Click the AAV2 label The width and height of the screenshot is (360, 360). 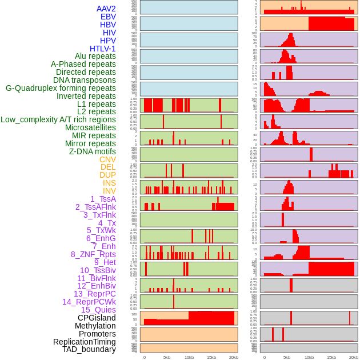(106, 9)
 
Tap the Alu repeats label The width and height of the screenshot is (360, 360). (95, 57)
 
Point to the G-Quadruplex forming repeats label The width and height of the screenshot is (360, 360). (61, 88)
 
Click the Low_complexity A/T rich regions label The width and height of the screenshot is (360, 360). (58, 119)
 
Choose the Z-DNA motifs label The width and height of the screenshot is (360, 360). (93, 151)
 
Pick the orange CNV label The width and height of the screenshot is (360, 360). (107, 159)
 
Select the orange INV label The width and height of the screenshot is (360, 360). (109, 191)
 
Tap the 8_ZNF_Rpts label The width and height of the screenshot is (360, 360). (93, 254)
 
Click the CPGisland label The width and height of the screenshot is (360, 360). (97, 318)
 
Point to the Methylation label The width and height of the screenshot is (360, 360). (95, 326)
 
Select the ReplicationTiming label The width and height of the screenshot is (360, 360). (85, 342)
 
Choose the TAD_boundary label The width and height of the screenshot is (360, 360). (89, 349)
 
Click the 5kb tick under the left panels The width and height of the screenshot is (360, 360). (167, 357)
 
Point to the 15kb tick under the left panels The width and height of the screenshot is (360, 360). (211, 357)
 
